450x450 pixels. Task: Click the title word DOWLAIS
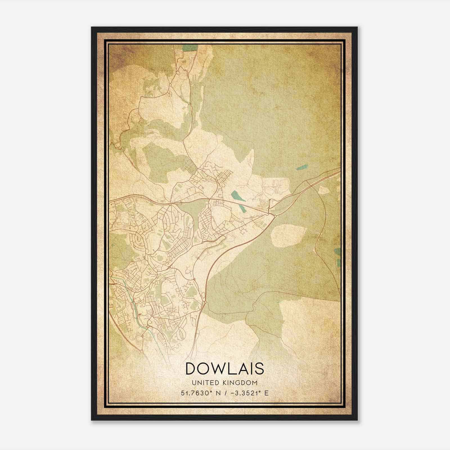coord(225,368)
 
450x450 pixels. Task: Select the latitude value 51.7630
coord(196,393)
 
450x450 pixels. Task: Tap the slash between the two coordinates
coord(224,393)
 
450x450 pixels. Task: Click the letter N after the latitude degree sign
coord(217,393)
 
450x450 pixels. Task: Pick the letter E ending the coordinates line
coord(266,393)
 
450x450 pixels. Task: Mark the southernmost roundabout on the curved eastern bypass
coord(206,302)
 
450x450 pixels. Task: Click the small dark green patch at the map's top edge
coord(188,48)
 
